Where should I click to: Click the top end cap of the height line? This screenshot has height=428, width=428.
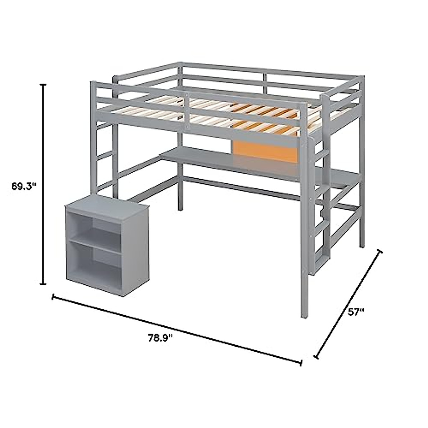pyautogui.click(x=44, y=85)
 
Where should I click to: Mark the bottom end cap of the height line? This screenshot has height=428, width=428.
pyautogui.click(x=44, y=284)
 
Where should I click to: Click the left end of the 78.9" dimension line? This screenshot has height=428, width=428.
pyautogui.click(x=53, y=296)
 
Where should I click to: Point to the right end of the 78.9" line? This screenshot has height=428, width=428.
pyautogui.click(x=301, y=363)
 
